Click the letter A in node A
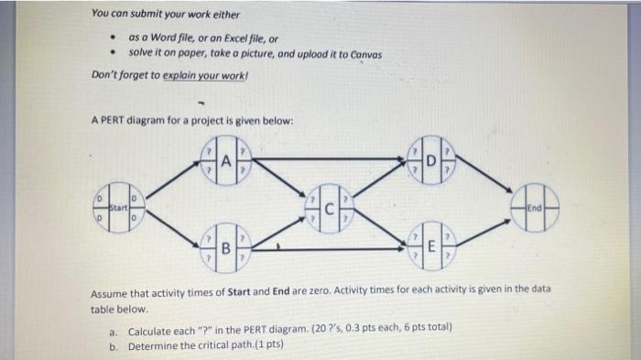click(x=226, y=161)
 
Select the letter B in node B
click(x=225, y=248)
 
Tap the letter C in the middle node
click(x=330, y=209)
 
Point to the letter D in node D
click(x=431, y=161)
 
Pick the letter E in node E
click(x=431, y=246)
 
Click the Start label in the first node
click(x=118, y=208)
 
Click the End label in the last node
click(x=534, y=208)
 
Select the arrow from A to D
click(x=329, y=158)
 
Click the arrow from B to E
click(x=328, y=249)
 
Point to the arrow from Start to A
click(x=173, y=180)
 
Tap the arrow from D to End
click(x=484, y=173)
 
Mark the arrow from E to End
click(x=483, y=234)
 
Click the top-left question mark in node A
click(x=209, y=151)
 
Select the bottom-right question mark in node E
click(x=448, y=256)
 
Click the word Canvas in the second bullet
click(x=366, y=55)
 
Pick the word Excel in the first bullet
click(x=235, y=38)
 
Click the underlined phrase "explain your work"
click(x=203, y=76)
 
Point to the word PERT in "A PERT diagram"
click(x=113, y=120)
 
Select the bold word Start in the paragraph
click(x=239, y=292)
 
